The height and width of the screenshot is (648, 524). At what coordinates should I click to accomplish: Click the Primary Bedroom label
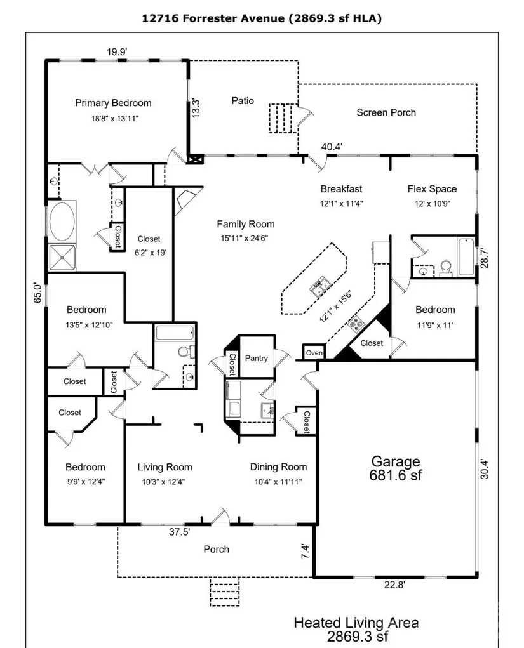point(113,103)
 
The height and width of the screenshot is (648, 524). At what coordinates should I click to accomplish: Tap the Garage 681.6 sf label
point(395,468)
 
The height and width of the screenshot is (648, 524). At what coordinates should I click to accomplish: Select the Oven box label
point(314,353)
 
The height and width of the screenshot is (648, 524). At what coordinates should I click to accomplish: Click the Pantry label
point(257,359)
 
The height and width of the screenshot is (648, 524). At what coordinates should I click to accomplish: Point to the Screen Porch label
point(386,112)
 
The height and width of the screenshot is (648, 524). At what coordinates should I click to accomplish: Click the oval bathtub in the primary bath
point(62,221)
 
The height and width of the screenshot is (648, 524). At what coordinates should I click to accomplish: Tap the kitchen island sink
point(321,288)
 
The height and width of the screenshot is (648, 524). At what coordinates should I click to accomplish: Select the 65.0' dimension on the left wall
point(37,293)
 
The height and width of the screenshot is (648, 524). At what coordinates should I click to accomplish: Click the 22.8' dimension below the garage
point(394,585)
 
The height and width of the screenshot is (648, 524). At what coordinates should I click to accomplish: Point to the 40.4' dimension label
point(332,147)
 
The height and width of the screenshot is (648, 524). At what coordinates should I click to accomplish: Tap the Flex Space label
point(432,189)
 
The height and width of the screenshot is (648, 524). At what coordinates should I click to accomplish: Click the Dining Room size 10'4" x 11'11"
point(278,482)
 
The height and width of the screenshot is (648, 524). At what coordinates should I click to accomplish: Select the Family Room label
point(246,224)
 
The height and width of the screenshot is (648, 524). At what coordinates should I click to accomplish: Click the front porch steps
point(225,592)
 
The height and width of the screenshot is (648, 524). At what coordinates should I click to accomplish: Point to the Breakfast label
point(341,189)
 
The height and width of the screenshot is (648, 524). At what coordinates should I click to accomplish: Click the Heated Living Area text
point(356,623)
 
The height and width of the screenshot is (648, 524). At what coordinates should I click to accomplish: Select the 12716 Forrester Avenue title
point(213,18)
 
